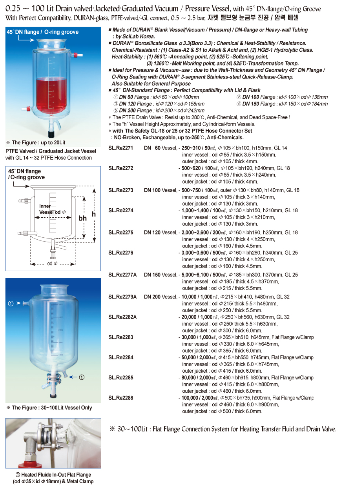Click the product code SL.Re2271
[121, 148]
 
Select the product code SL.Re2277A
[122, 275]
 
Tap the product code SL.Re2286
[121, 398]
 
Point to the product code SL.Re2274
[121, 210]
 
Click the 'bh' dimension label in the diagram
[82, 218]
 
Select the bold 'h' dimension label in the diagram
[94, 214]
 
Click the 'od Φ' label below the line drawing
[53, 264]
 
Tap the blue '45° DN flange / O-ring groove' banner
[42, 32]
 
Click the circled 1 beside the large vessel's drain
[82, 377]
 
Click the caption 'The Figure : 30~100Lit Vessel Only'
[52, 408]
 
